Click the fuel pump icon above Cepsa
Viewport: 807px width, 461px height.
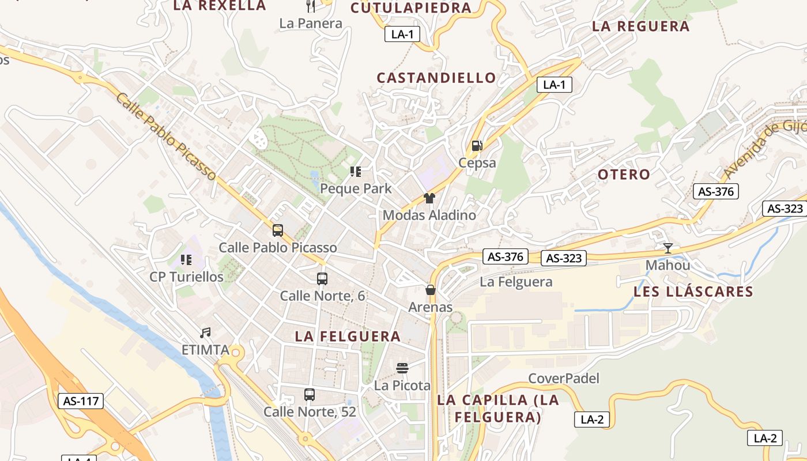[477, 146]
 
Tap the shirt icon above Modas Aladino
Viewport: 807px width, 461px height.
[429, 198]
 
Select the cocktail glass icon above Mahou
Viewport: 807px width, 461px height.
[668, 248]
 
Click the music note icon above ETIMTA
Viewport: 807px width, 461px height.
[205, 332]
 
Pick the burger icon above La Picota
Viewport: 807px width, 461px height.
[402, 368]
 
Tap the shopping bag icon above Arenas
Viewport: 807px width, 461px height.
[431, 290]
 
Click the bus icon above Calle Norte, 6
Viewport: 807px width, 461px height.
[322, 279]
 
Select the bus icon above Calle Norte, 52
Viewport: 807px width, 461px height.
[310, 395]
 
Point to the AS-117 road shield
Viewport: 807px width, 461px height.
[81, 401]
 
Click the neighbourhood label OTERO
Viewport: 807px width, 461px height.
[624, 175]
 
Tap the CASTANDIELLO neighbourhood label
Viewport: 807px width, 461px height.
[436, 78]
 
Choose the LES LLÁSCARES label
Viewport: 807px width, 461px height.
[693, 292]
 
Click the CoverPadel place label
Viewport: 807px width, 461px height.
[564, 379]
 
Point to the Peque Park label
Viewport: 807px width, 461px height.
[356, 188]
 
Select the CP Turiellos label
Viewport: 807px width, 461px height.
[186, 277]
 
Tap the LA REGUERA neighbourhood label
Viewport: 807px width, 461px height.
[641, 27]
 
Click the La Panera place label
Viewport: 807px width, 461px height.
[311, 24]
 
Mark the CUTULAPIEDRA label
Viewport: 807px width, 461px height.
[411, 8]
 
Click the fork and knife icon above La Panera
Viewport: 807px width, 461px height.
[311, 6]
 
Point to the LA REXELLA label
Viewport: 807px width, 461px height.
[220, 6]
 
